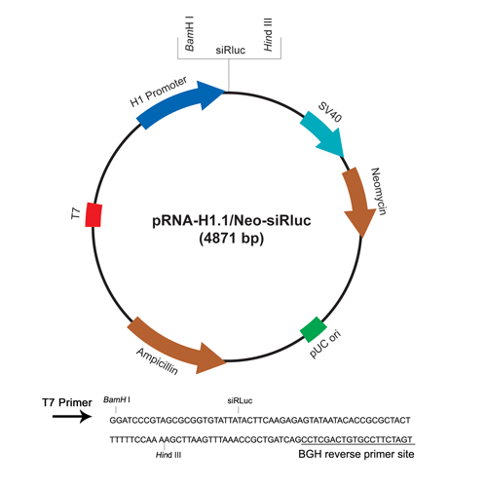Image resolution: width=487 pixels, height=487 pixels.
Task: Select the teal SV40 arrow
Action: [x=323, y=133]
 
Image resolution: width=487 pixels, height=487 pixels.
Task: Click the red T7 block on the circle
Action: [x=94, y=214]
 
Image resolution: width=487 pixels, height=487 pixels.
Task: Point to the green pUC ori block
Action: [x=314, y=329]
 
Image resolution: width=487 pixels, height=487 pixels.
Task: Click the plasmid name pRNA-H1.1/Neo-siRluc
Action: [x=232, y=221]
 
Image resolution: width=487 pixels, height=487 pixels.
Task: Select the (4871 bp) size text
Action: [x=232, y=239]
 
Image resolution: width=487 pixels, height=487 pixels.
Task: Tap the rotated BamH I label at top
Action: [x=189, y=34]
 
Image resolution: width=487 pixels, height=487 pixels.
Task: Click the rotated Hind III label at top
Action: [x=268, y=34]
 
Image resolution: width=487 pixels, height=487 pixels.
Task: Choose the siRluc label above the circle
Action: [x=231, y=51]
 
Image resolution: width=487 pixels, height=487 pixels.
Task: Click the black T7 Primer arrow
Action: [x=72, y=416]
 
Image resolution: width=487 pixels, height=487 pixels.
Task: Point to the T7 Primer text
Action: [x=67, y=402]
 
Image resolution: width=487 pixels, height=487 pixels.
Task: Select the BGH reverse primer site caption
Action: [x=356, y=454]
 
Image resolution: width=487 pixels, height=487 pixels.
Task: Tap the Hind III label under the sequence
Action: [x=169, y=455]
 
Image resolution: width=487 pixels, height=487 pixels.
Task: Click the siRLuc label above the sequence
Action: [x=240, y=401]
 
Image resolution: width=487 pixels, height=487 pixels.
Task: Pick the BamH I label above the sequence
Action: [x=117, y=399]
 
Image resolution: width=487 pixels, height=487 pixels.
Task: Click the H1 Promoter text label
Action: [x=159, y=92]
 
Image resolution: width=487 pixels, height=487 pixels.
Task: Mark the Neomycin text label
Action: [x=379, y=191]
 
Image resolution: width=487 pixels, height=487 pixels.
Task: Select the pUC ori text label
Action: [x=325, y=344]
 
